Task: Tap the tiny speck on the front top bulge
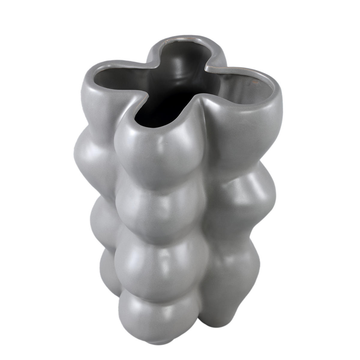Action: tap(164, 143)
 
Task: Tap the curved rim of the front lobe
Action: tap(135, 121)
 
